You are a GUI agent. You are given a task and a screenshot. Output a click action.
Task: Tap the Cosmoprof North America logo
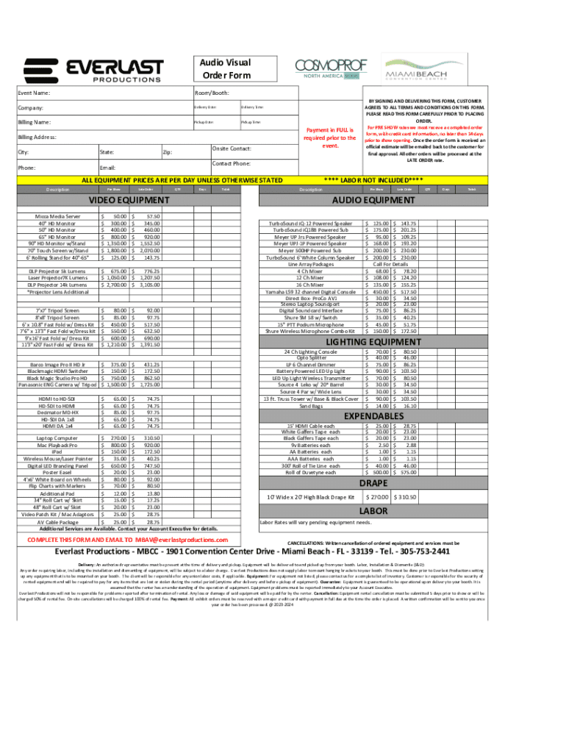click(330, 69)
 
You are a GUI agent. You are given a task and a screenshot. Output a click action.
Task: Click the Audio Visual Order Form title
click(226, 69)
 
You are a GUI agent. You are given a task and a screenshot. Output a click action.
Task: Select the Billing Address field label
click(37, 137)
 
